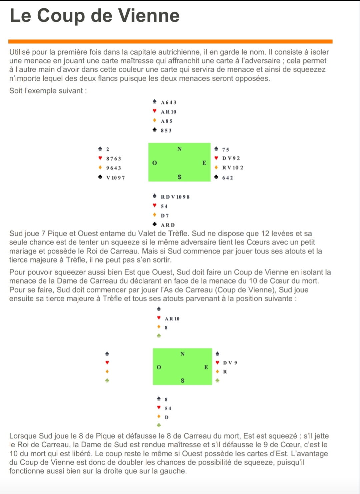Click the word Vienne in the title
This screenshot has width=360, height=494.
[149, 15]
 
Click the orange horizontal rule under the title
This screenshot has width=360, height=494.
[170, 42]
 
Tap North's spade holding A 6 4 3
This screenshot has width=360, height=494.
[168, 102]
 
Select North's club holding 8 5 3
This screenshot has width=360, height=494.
[166, 130]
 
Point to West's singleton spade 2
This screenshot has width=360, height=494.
[107, 149]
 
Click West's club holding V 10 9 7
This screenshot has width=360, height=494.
[115, 178]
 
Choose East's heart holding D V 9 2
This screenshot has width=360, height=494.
[231, 158]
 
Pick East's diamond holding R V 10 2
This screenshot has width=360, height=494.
[232, 167]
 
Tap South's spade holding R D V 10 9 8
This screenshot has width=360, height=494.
[175, 197]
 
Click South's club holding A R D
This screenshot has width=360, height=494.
[168, 225]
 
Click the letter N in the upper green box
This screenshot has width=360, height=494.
[179, 149]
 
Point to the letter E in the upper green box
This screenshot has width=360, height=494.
[204, 163]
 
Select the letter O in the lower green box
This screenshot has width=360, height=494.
[159, 367]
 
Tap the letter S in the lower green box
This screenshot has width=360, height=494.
[182, 380]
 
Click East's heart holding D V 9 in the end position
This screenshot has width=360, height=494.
[230, 363]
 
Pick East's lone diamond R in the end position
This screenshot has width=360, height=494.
[225, 372]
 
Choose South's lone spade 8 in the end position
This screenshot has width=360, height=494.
[166, 399]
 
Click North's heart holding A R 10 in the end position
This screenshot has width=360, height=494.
[172, 319]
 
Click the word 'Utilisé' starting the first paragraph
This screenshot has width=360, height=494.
[21, 52]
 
